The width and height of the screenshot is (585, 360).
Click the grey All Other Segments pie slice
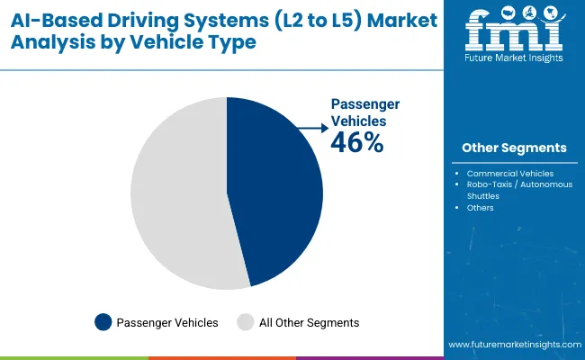[x=175, y=193]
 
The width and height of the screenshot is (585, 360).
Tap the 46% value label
[x=358, y=141]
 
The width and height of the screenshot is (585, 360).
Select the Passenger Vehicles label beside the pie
[x=365, y=112]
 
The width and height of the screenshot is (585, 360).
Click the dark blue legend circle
[x=103, y=322]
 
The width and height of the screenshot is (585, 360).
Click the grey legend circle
[x=245, y=322]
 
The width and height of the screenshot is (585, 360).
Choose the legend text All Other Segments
[x=309, y=322]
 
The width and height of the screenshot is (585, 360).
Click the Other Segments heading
[x=514, y=148]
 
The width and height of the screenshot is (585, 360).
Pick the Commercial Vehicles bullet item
[x=517, y=173]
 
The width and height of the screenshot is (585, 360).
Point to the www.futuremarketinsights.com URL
[x=513, y=345]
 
